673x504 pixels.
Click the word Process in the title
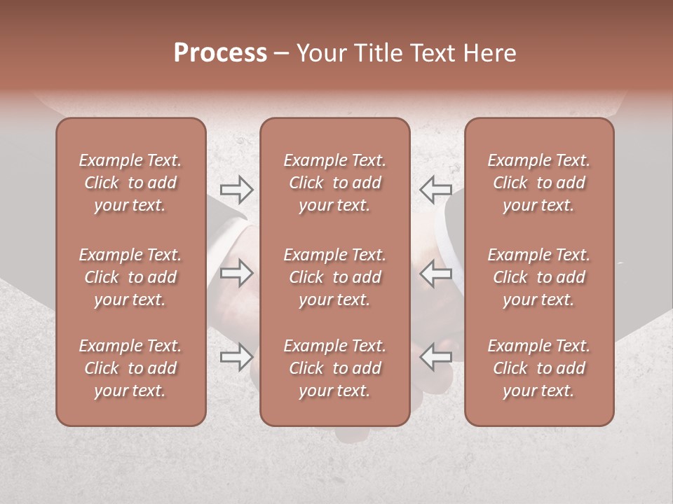point(220,53)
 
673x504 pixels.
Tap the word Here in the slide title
point(491,53)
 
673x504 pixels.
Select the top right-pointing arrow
point(236,188)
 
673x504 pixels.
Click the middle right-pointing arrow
point(236,274)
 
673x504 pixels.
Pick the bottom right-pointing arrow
point(236,357)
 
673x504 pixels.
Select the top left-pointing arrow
point(435,188)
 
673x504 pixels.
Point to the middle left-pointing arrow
point(435,274)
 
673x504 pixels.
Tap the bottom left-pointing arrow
point(435,357)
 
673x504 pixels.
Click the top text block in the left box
point(130,183)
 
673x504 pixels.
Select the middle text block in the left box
point(130,277)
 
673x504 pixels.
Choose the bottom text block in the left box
point(130,368)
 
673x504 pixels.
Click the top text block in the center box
point(334,183)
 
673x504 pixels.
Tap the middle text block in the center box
point(334,277)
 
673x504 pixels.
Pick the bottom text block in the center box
point(334,368)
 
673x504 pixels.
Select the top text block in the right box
point(538,183)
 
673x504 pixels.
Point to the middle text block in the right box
point(538,277)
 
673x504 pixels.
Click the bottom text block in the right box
point(538,368)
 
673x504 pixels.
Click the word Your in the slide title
point(319,53)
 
